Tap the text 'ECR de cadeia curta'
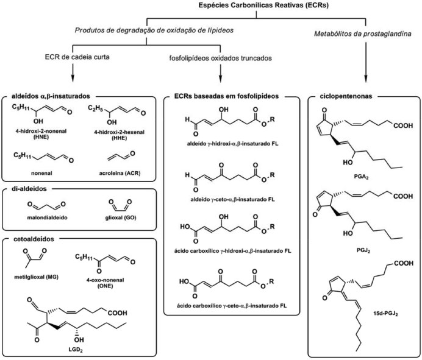point(72,58)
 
